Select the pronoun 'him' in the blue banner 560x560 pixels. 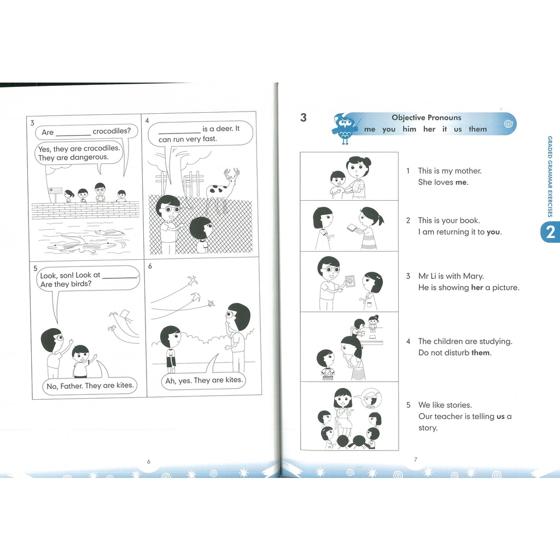tap(409, 129)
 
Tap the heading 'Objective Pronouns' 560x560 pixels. tap(427, 118)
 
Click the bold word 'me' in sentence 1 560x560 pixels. tap(461, 182)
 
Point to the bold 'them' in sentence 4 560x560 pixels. tap(481, 353)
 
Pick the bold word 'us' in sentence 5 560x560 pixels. tap(500, 416)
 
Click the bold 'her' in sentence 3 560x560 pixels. tap(477, 288)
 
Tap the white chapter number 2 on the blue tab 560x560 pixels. tap(550, 232)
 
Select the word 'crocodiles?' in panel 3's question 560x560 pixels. tap(112, 131)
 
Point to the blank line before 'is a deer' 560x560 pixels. tap(179, 132)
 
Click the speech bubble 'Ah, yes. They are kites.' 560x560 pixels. tap(203, 381)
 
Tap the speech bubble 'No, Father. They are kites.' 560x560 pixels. tap(90, 386)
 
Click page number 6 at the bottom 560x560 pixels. tap(149, 462)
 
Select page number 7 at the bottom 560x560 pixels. tap(416, 459)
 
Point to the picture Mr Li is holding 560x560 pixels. tap(349, 281)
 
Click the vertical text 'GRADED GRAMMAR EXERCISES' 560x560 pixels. tap(550, 177)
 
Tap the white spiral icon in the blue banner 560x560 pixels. tap(509, 124)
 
